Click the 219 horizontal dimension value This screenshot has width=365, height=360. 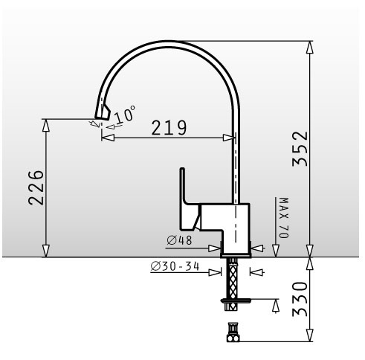(x=169, y=128)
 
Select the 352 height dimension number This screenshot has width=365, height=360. (x=300, y=149)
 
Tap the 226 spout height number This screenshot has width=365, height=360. (x=36, y=187)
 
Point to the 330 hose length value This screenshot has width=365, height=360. (x=300, y=299)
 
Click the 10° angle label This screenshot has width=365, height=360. (x=125, y=114)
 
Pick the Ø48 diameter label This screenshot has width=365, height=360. (x=179, y=240)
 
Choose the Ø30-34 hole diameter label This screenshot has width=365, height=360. (x=175, y=266)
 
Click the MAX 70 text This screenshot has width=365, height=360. (x=284, y=218)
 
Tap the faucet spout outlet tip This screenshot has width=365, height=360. (x=102, y=118)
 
